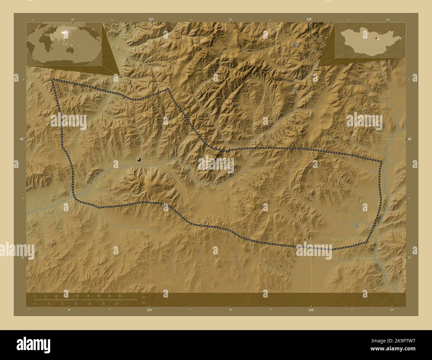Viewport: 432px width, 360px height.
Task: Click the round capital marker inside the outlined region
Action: [x=139, y=160]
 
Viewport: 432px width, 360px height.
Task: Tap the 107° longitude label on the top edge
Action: [x=151, y=19]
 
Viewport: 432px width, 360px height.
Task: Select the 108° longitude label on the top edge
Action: [x=309, y=19]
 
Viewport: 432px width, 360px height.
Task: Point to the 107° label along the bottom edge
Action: [x=150, y=310]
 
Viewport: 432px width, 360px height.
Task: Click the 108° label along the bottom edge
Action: [x=311, y=310]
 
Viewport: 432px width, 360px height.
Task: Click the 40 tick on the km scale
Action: [x=120, y=296]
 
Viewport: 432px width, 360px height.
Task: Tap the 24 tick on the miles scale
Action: [x=117, y=304]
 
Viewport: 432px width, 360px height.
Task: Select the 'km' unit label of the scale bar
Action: [x=144, y=297]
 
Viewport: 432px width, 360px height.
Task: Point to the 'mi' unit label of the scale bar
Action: [x=143, y=303]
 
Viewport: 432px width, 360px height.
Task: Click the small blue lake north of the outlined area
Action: [x=295, y=44]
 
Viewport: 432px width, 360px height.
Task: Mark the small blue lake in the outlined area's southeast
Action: [x=357, y=226]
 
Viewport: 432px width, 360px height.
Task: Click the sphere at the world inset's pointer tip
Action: [x=120, y=76]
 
